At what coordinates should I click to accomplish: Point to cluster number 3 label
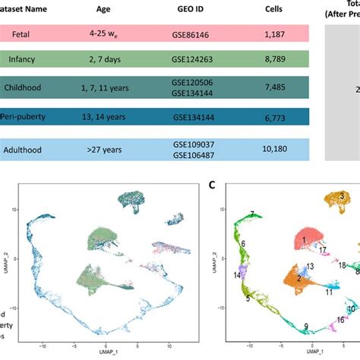click(343, 196)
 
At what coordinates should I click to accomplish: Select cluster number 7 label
click(251, 215)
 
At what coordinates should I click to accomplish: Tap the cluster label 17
click(324, 250)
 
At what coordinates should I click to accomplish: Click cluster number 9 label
click(306, 326)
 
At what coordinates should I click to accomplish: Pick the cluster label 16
click(341, 320)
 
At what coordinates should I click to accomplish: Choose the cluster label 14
click(238, 276)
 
